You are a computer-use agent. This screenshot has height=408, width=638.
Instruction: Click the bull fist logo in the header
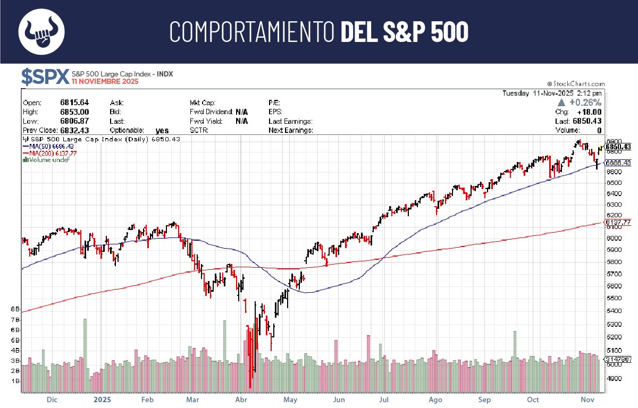pos(41,31)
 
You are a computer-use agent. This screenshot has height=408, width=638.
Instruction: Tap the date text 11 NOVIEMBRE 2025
pos(105,82)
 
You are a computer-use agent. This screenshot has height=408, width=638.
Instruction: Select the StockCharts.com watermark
pos(576,84)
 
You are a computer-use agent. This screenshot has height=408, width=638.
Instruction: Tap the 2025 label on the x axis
pos(102,399)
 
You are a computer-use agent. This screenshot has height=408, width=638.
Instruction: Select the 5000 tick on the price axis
pos(615,364)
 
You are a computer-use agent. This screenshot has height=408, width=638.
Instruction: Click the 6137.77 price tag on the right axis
pos(618,223)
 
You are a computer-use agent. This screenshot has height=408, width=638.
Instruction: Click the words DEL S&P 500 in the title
pos(404,32)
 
